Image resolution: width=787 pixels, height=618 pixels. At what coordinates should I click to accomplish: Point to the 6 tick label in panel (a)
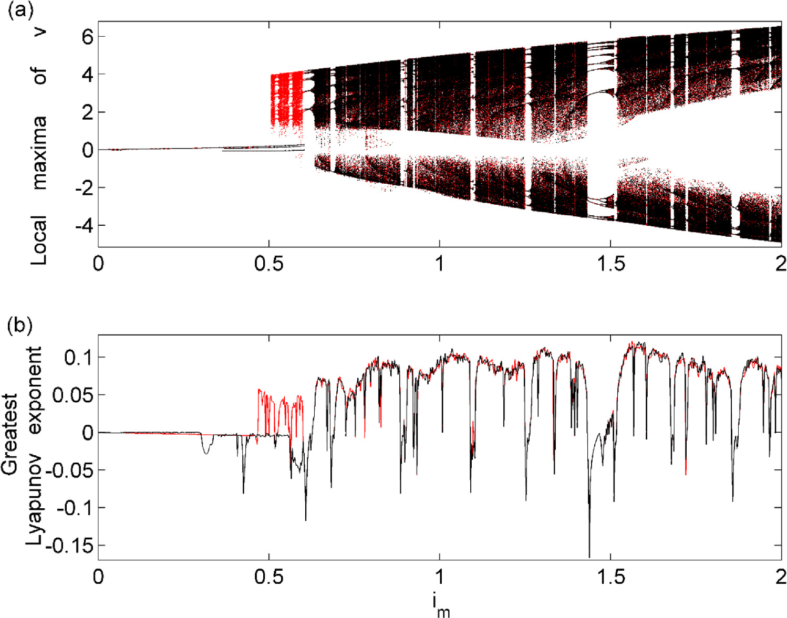[x=87, y=37]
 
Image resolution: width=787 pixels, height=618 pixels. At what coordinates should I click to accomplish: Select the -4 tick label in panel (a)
[x=81, y=226]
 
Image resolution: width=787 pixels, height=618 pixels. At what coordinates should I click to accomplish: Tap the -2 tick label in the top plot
[x=81, y=188]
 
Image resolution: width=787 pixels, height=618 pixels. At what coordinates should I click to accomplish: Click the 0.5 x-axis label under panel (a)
[x=268, y=264]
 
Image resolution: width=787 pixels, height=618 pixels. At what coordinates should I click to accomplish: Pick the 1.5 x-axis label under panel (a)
[x=610, y=264]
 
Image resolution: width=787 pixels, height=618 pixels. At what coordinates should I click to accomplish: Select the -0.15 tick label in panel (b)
[x=68, y=546]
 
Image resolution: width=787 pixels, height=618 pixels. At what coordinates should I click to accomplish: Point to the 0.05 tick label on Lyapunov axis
[x=73, y=395]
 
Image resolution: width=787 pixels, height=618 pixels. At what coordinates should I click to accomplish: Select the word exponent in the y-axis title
[x=35, y=391]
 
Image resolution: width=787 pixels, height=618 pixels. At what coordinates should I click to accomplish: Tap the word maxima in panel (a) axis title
[x=39, y=152]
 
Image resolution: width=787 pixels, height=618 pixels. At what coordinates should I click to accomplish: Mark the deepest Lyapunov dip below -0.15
[x=589, y=556]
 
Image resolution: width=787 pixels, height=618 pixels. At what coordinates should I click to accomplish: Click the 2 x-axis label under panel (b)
[x=781, y=577]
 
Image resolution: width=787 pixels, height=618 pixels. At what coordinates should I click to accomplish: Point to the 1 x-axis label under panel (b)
[x=440, y=577]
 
